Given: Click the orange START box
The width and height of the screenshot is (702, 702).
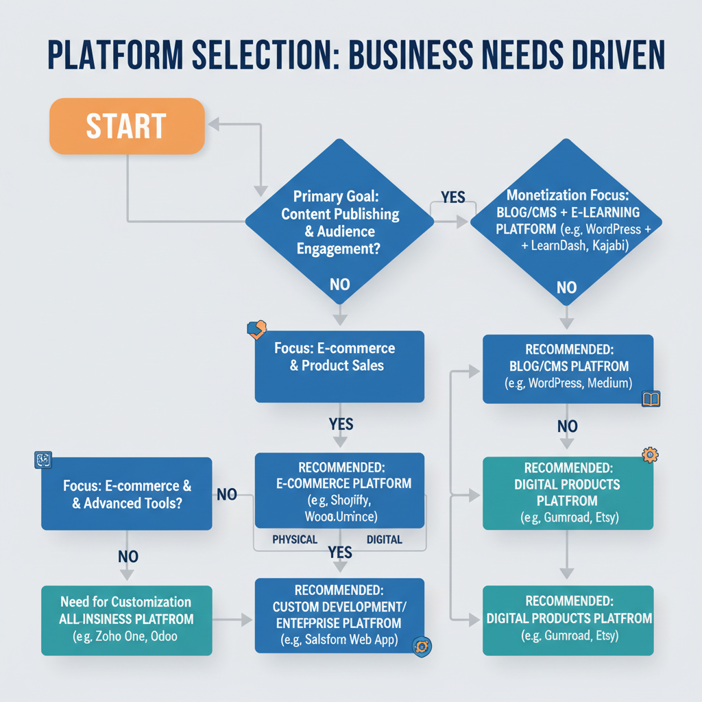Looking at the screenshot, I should click(x=128, y=125).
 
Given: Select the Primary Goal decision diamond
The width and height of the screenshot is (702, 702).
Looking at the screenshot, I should click(x=339, y=221).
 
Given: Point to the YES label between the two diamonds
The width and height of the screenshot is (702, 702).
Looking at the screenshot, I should click(x=452, y=197).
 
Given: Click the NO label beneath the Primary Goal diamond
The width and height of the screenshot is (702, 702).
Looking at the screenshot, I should click(x=339, y=284).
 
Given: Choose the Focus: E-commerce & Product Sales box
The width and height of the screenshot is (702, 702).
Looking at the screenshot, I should click(x=339, y=366).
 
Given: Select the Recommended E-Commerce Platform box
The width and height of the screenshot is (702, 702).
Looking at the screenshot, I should click(x=339, y=490).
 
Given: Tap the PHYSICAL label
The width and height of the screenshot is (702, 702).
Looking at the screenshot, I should click(x=295, y=540).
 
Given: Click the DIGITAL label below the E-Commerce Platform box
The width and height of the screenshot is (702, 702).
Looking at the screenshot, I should click(x=384, y=540).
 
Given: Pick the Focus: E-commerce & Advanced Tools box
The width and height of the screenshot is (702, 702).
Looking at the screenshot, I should click(x=127, y=494).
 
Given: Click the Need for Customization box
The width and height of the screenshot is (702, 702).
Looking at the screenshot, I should click(x=127, y=620).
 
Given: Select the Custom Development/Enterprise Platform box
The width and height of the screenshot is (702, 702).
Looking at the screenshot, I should click(x=339, y=616).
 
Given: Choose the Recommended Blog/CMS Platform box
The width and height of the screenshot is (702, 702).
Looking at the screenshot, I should click(x=568, y=368).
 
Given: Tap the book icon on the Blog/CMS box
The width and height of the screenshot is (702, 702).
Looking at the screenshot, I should click(x=651, y=399).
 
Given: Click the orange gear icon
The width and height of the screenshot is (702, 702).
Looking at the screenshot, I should click(x=649, y=454).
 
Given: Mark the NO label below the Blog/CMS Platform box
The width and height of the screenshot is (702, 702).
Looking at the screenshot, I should click(x=567, y=427).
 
